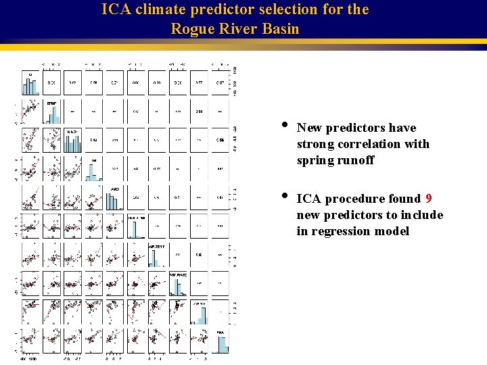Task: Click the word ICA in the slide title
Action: click(115, 10)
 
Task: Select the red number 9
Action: click(429, 199)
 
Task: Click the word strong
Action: click(315, 144)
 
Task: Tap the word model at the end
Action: click(394, 231)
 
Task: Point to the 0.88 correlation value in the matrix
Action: click(199, 112)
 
